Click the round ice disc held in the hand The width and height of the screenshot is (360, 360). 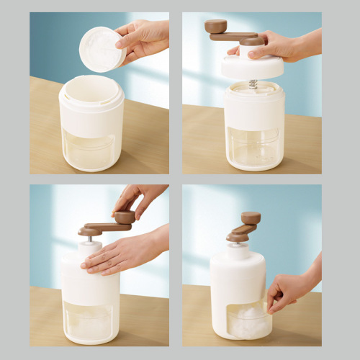coord(102,49)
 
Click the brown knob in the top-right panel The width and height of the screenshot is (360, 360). coord(215,26)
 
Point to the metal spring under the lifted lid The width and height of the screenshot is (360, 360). coord(253,84)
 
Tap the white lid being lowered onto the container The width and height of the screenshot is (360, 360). coord(252,67)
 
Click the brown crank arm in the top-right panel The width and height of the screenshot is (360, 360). coord(234,36)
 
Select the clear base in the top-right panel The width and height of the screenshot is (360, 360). coord(253,148)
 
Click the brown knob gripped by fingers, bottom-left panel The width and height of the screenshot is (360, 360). coord(125,217)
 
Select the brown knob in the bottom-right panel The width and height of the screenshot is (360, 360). coord(251,217)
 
